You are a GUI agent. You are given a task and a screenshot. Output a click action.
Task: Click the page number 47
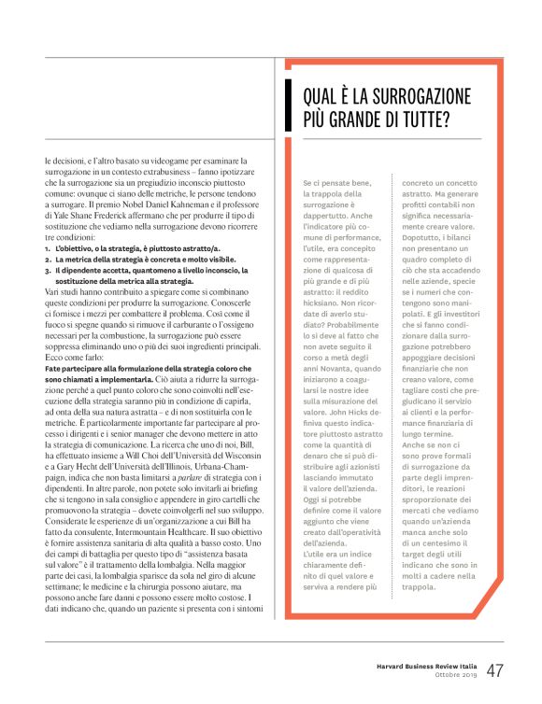[x=494, y=670]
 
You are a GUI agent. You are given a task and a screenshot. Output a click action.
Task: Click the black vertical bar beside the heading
[x=290, y=107]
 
